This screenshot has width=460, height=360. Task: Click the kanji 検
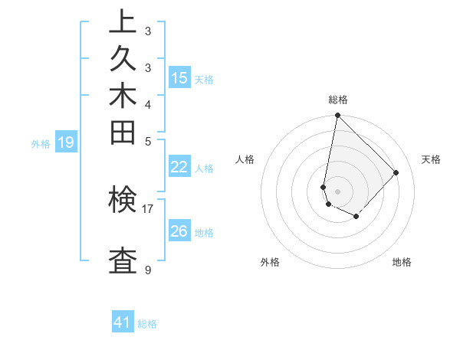point(123,201)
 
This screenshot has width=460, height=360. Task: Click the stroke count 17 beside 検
point(148,208)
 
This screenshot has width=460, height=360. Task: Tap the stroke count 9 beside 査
point(148,270)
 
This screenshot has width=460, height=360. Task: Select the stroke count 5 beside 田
point(148,140)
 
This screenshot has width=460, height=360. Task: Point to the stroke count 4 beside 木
point(148,104)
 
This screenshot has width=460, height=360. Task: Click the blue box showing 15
point(179,77)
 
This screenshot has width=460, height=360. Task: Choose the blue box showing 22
point(179,167)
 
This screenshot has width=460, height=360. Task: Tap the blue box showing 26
point(179,231)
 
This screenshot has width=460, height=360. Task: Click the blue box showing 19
point(66,142)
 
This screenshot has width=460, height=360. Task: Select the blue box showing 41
point(123,322)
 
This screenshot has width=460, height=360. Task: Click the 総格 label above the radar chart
point(337,100)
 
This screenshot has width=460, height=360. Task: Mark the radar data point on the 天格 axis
point(396,172)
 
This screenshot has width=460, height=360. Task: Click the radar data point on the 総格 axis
point(337,116)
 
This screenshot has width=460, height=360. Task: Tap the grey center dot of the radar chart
point(337,191)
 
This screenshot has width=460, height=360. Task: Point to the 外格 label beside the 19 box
point(41,142)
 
